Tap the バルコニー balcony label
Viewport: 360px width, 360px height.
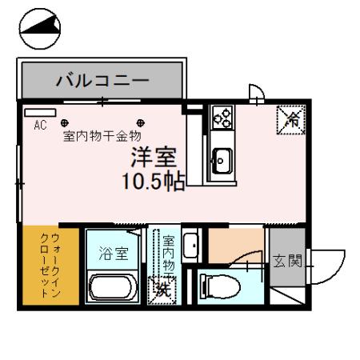102,81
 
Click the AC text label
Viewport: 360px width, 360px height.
40,124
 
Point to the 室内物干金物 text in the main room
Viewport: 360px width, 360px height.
102,137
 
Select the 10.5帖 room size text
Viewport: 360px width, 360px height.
153,181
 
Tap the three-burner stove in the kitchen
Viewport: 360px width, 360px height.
221,119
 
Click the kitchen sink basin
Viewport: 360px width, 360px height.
222,158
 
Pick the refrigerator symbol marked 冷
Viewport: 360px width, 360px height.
290,120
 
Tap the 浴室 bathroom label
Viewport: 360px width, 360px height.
113,256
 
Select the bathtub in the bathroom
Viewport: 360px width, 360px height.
115,289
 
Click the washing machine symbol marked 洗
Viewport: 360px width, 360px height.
162,289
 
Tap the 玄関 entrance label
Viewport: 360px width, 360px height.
286,262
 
